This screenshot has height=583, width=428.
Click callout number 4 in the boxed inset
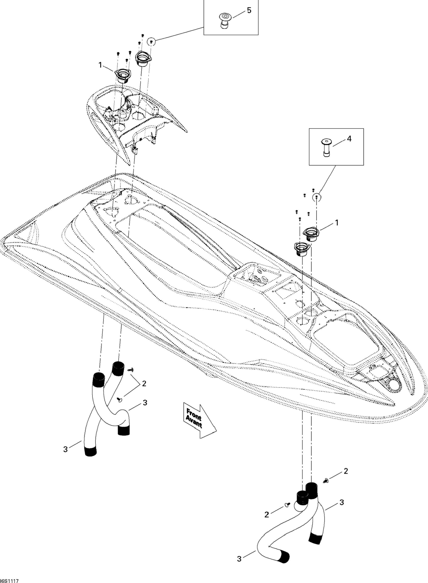pyautogui.click(x=349, y=139)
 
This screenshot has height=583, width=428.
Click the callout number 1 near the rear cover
pyautogui.click(x=100, y=65)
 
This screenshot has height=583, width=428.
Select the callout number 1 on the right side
pyautogui.click(x=337, y=222)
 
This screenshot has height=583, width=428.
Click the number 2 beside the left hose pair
pyautogui.click(x=144, y=384)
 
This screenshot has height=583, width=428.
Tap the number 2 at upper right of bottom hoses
pyautogui.click(x=346, y=471)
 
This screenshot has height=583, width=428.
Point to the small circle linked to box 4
pyautogui.click(x=316, y=197)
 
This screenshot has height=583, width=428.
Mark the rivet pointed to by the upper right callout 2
pyautogui.click(x=326, y=481)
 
